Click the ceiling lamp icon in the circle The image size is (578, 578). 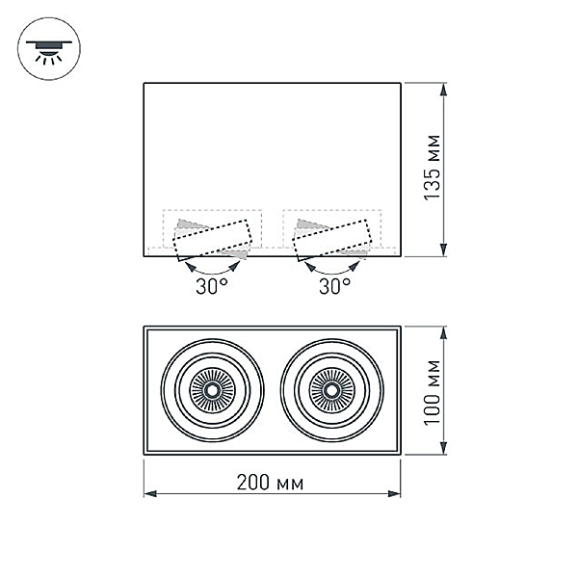49,52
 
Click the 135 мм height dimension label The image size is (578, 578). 432,168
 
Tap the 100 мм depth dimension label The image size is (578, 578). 432,393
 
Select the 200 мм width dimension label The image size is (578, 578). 270,483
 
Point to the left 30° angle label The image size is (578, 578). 212,286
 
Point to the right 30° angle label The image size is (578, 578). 334,286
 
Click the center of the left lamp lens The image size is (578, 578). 212,390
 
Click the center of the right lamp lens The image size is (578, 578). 331,390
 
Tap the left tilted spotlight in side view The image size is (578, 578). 213,240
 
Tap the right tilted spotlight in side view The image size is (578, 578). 332,240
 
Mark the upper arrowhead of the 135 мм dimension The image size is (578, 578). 444,90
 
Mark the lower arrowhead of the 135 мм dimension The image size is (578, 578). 444,250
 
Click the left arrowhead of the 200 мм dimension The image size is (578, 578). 150,494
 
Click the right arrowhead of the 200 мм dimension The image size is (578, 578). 394,494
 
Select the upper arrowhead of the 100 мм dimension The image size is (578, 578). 444,333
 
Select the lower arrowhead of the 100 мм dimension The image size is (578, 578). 444,448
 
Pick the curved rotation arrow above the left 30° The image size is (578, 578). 212,274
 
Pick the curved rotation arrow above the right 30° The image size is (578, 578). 332,274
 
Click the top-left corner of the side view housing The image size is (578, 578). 144,83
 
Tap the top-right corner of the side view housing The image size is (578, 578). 401,83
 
